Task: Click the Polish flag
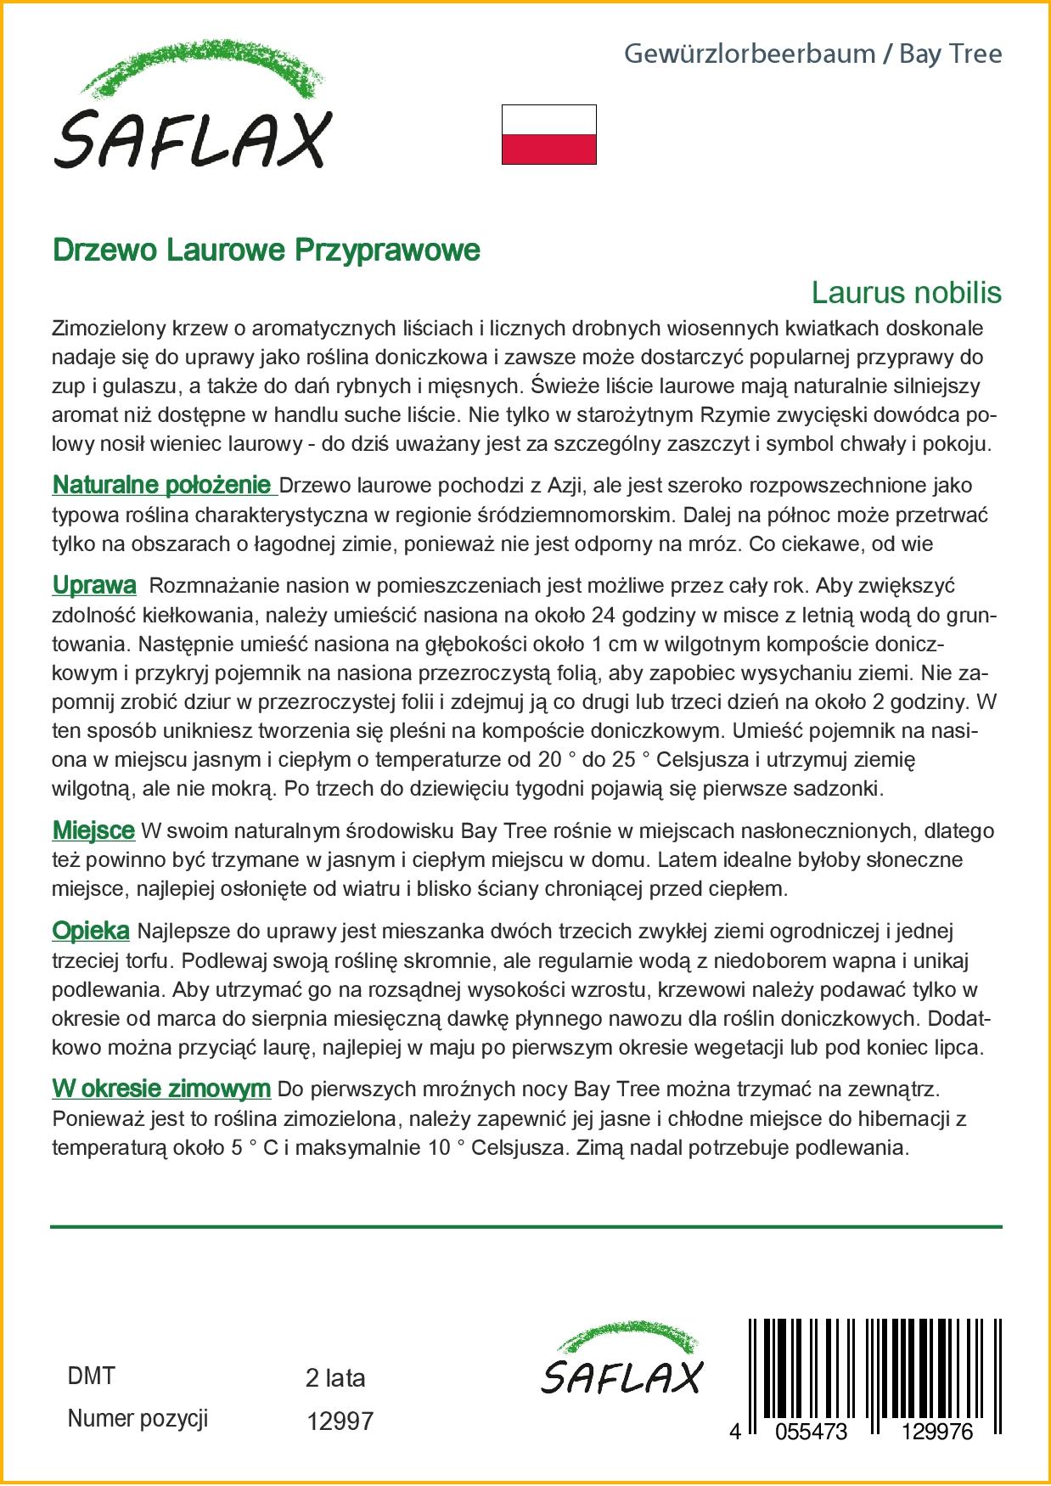[548, 134]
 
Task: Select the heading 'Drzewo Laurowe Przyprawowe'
[266, 250]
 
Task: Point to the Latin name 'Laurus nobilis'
[906, 292]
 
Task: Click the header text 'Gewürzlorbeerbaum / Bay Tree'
[812, 54]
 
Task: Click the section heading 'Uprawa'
[94, 585]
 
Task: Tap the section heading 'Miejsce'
[93, 830]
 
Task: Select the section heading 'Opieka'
[91, 931]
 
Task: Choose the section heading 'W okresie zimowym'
[161, 1089]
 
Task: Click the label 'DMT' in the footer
[91, 1376]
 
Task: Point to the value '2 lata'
[335, 1378]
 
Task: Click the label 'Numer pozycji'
[138, 1418]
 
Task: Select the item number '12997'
[340, 1421]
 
